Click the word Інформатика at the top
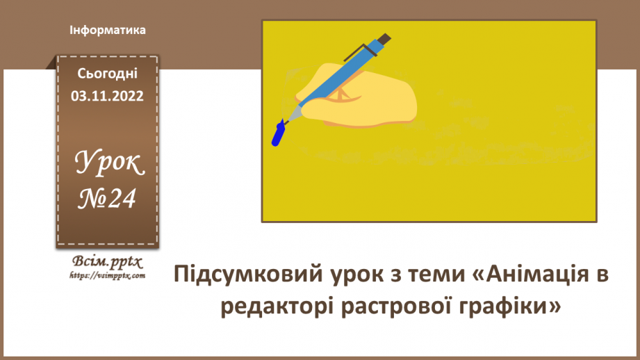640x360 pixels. click(x=108, y=31)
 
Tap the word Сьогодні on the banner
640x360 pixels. click(x=108, y=73)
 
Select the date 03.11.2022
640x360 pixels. click(x=108, y=97)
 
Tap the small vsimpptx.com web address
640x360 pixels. click(x=107, y=275)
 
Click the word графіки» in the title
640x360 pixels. click(x=509, y=306)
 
